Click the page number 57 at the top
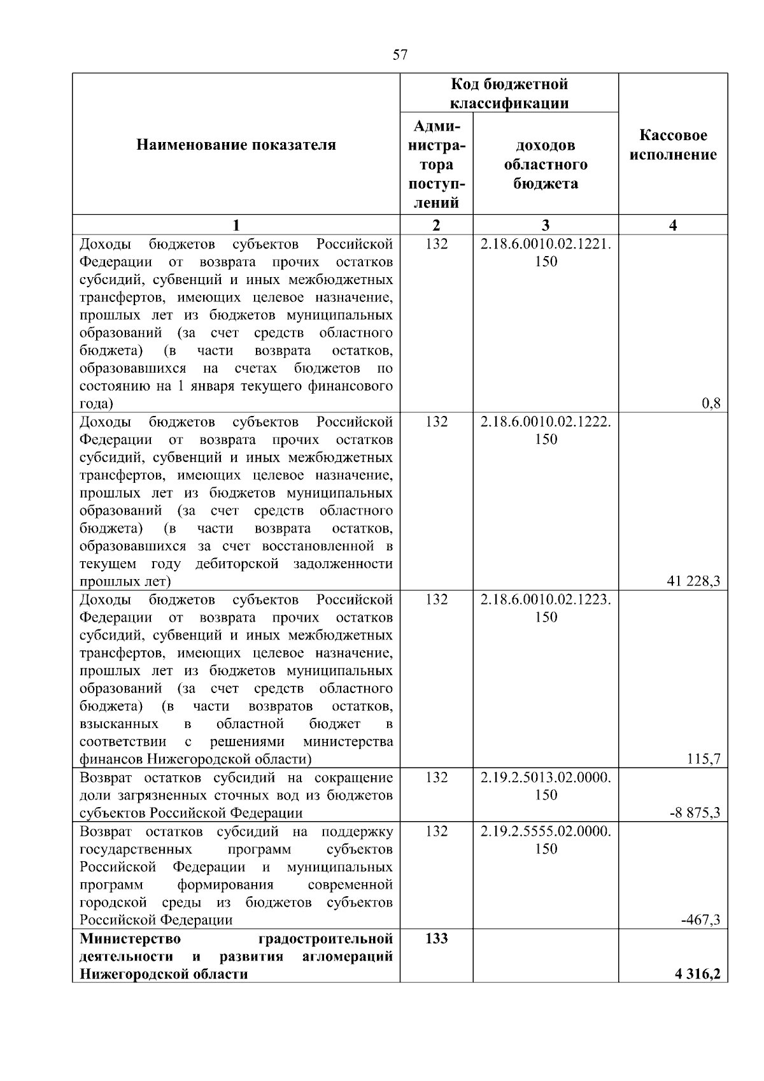[400, 55]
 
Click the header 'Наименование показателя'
[236, 145]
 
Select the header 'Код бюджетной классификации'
[509, 94]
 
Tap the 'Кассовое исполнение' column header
[673, 145]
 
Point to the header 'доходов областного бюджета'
[546, 164]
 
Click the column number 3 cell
[546, 225]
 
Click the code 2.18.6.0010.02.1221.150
[546, 253]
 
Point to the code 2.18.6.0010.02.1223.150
[546, 608]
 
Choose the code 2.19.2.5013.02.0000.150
[546, 786]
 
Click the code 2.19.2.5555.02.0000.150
[546, 840]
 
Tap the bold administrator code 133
[436, 939]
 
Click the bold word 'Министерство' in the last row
[130, 939]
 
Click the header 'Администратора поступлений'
[436, 164]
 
